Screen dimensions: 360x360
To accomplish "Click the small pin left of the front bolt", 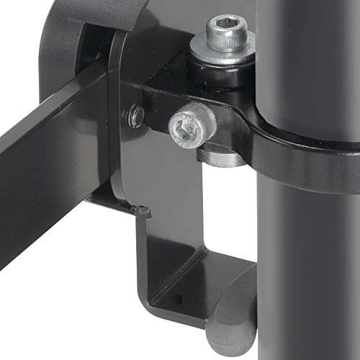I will pos(132,114).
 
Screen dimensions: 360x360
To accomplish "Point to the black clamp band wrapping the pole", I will pos(288,140).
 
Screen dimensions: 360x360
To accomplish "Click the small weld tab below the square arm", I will pos(141,211).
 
